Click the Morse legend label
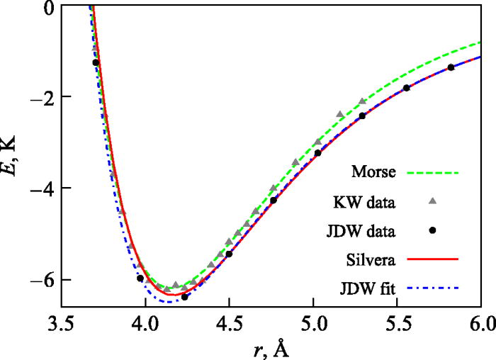click(372, 172)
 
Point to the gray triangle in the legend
click(433, 201)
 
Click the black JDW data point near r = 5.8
click(451, 67)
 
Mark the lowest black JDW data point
click(184, 297)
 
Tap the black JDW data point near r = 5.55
click(406, 88)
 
